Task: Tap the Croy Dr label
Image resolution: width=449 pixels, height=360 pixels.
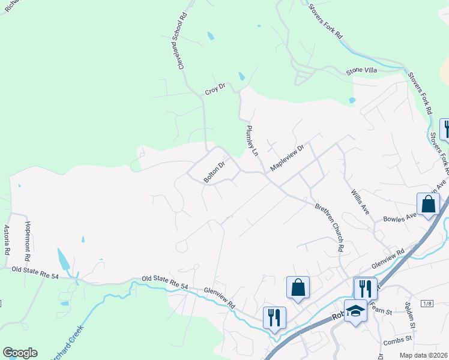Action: point(214,90)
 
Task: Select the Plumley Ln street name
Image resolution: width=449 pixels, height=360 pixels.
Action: point(252,142)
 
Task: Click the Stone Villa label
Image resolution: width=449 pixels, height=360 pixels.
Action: point(361,71)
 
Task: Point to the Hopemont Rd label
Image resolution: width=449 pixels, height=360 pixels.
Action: point(27,238)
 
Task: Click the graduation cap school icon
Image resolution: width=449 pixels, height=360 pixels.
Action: point(355,310)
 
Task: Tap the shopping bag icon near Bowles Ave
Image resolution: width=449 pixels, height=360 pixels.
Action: point(429,203)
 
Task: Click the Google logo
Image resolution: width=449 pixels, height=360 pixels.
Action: point(20,353)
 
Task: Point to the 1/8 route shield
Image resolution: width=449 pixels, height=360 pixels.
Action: point(427,304)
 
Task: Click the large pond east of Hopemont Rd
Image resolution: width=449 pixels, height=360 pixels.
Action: point(63,259)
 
